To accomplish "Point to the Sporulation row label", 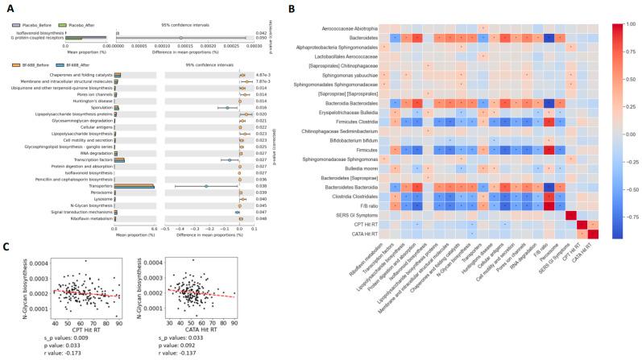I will point(94,107).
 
